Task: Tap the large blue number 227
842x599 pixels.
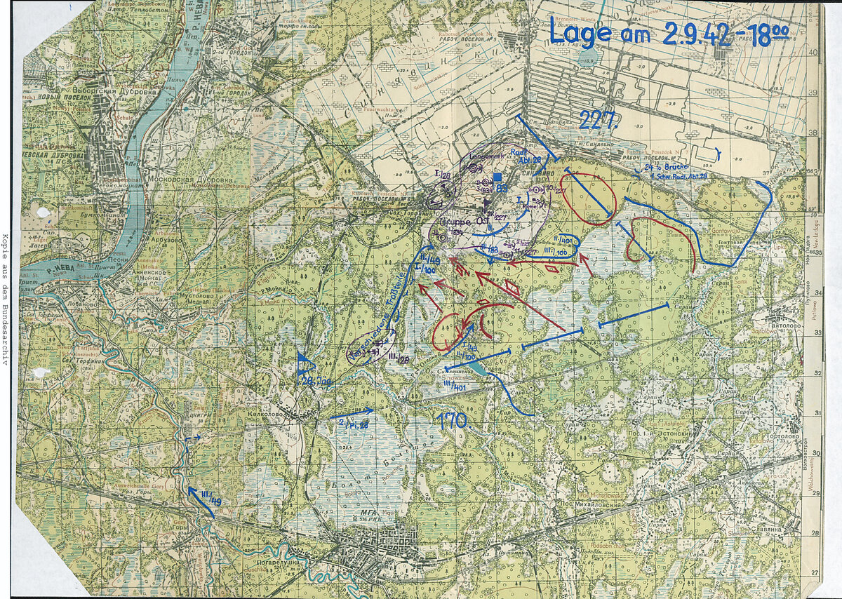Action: tap(598, 121)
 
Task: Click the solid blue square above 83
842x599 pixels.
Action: tap(497, 177)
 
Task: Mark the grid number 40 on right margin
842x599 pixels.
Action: tap(814, 52)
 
